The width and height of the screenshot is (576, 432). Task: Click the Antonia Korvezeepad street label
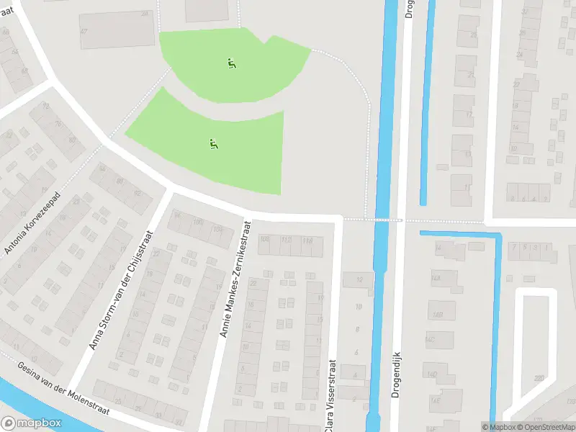[34, 224]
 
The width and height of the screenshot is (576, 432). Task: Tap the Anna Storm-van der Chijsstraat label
[121, 289]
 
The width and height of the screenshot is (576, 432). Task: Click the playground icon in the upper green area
[232, 63]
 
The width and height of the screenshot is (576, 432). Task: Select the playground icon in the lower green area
[213, 144]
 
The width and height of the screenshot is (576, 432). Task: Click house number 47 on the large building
[84, 31]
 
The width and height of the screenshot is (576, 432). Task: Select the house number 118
[307, 240]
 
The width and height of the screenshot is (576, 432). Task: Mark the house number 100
[197, 222]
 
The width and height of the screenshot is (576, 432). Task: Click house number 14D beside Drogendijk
[432, 374]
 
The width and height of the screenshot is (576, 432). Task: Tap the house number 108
[264, 240]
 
